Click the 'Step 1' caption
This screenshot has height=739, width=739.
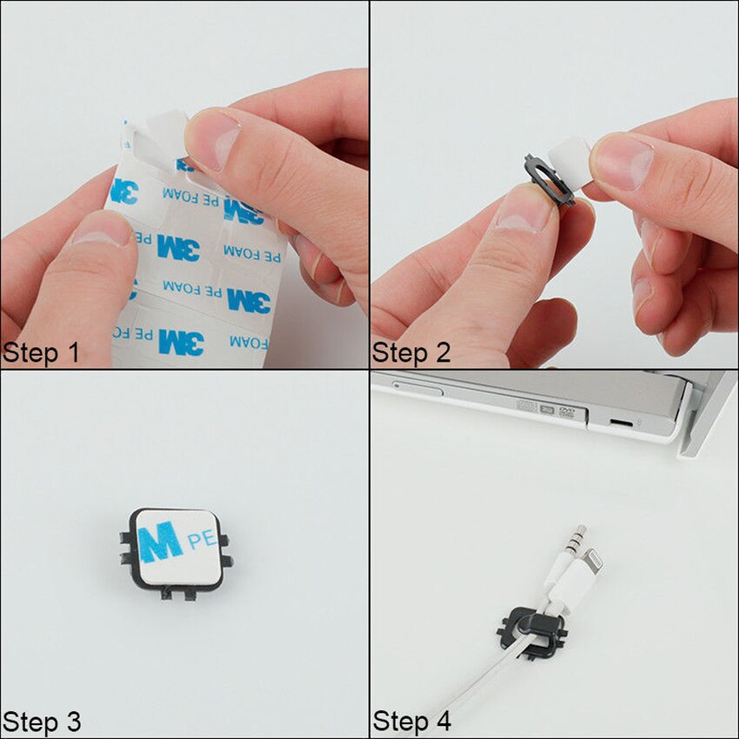[x=42, y=353]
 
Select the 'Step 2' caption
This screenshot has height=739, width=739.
[x=412, y=353]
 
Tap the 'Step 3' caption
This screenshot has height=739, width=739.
[x=42, y=722]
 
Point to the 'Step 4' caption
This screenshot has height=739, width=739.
[x=412, y=722]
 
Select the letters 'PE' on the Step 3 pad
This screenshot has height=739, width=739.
[x=202, y=539]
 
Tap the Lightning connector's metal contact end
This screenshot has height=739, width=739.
[x=595, y=561]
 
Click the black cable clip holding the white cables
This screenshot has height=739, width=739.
[x=533, y=629]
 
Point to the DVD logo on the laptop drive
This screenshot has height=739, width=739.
[x=566, y=411]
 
